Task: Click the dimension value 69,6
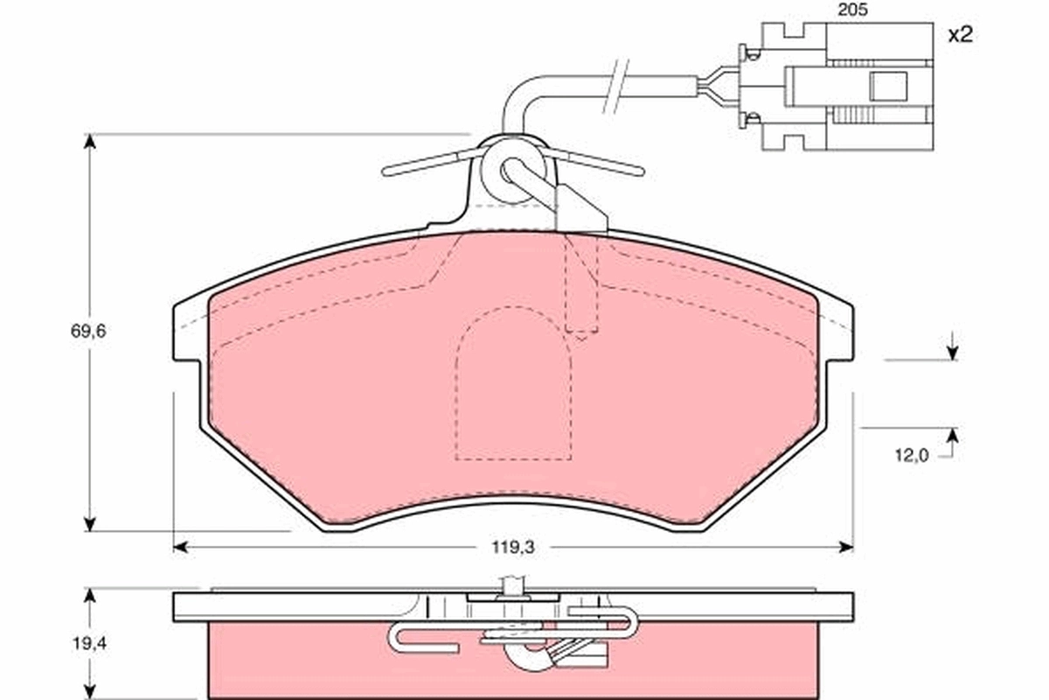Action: tap(87, 332)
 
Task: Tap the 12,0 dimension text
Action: tap(911, 454)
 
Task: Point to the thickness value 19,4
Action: tap(87, 643)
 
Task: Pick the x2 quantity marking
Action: tap(960, 35)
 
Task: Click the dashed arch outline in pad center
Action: tap(514, 385)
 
